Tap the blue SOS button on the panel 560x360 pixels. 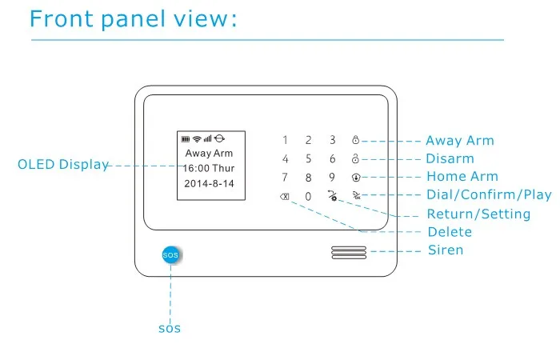[170, 254]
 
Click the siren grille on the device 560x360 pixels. [349, 253]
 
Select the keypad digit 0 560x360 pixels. [308, 197]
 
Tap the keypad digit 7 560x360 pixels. [285, 178]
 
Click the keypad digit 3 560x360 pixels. [333, 140]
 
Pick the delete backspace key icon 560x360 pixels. [285, 197]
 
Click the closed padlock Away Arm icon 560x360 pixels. [355, 140]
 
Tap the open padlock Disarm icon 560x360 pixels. [355, 158]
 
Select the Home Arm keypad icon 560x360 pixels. [356, 177]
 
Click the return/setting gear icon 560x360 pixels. [333, 196]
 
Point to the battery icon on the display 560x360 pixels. [186, 139]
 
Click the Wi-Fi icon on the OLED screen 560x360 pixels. [197, 139]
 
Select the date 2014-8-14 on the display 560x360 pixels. [209, 183]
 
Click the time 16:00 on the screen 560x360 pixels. [196, 168]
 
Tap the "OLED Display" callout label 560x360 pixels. [63, 164]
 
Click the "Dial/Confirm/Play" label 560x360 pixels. [490, 194]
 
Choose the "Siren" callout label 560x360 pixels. [446, 250]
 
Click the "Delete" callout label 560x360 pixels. [450, 232]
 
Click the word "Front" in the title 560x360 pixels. [62, 18]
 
